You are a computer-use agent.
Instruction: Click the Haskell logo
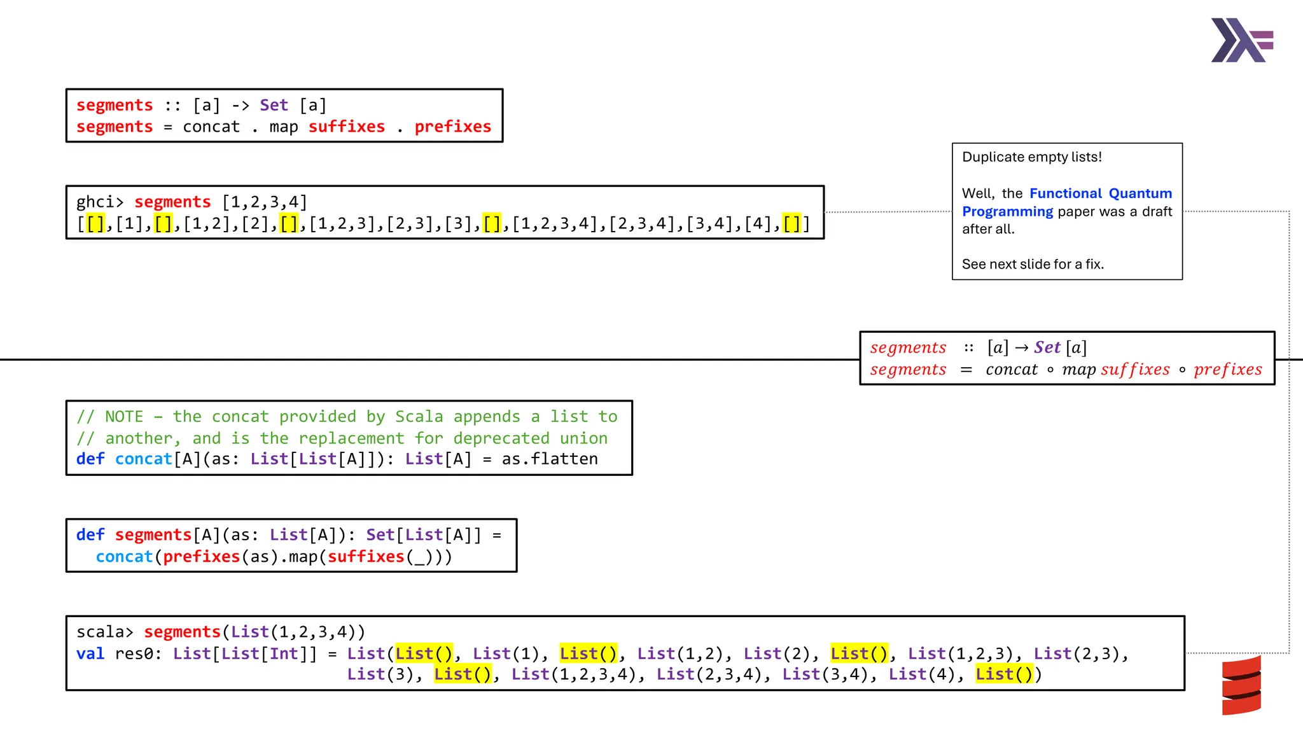pyautogui.click(x=1241, y=40)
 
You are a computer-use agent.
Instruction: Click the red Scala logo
pyautogui.click(x=1241, y=685)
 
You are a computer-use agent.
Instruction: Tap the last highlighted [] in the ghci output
pyautogui.click(x=791, y=224)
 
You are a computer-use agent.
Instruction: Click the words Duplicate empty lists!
pyautogui.click(x=1031, y=157)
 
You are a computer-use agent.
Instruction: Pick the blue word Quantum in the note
pyautogui.click(x=1140, y=193)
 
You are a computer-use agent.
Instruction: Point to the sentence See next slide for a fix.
pyautogui.click(x=1033, y=264)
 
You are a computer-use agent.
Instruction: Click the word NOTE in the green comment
pyautogui.click(x=124, y=417)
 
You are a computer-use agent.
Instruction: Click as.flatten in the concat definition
pyautogui.click(x=550, y=459)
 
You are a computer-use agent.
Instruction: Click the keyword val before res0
pyautogui.click(x=90, y=654)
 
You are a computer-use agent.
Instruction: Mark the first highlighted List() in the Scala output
pyautogui.click(x=424, y=654)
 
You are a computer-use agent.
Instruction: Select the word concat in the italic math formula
pyautogui.click(x=1012, y=370)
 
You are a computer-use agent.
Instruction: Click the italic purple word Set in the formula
pyautogui.click(x=1047, y=347)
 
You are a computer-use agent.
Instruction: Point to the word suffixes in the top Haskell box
pyautogui.click(x=347, y=127)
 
